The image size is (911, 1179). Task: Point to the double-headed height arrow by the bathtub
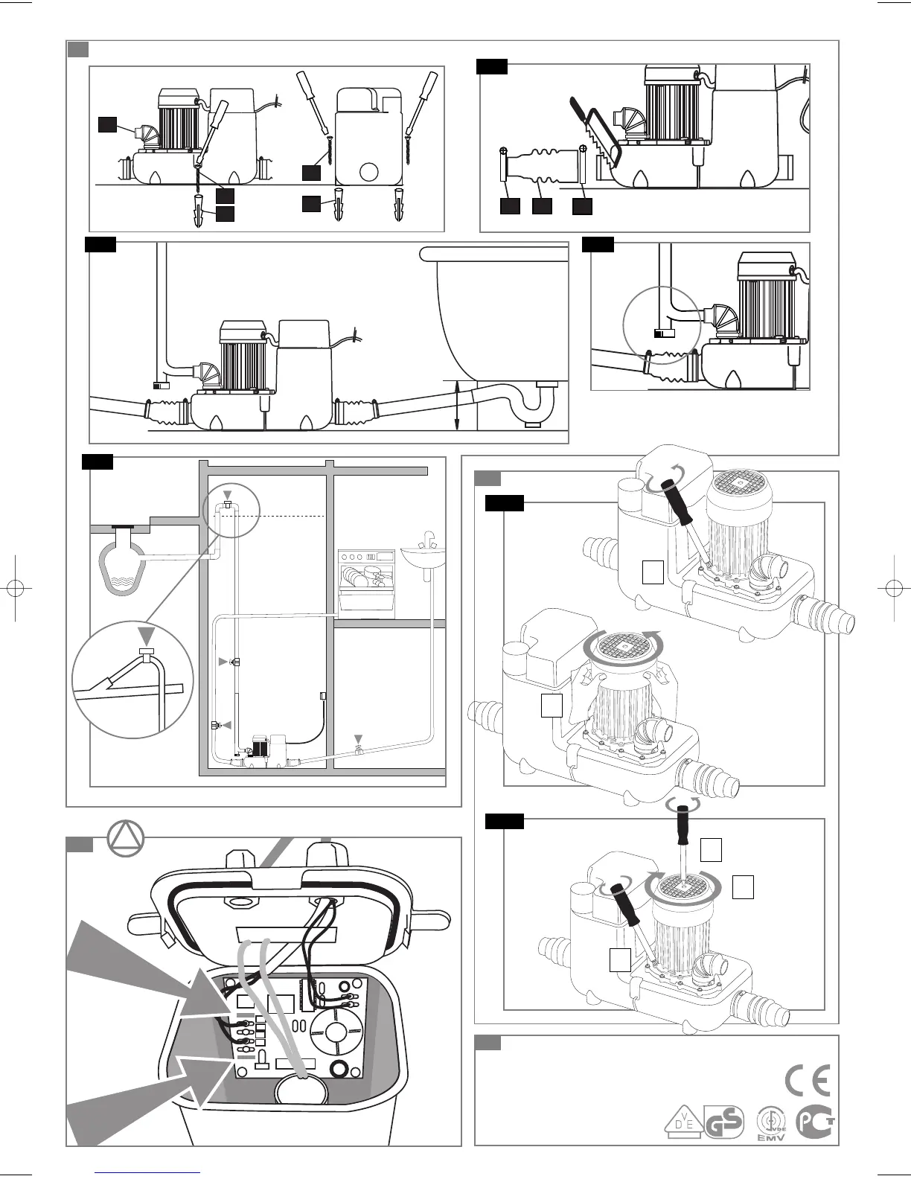coord(456,405)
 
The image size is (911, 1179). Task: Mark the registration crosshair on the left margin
coord(15,587)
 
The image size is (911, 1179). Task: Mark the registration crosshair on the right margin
coord(895,587)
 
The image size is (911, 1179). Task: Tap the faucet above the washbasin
coord(427,538)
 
